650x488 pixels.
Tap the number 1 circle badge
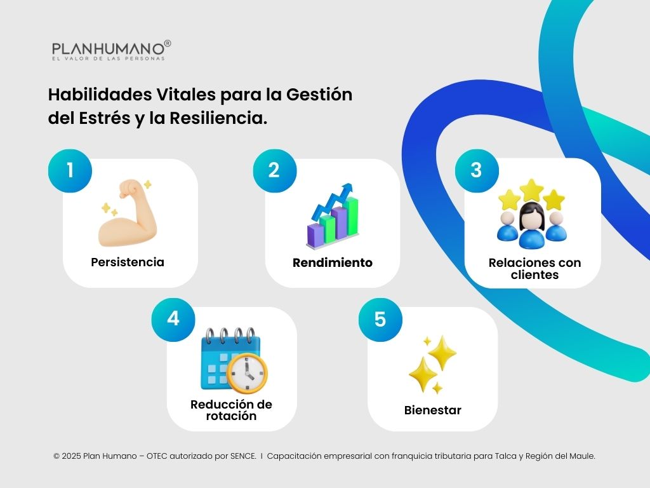70,170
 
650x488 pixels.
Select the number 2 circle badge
274,170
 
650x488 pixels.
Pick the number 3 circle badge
477,170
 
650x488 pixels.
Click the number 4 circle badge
173,319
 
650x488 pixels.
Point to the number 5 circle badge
380,319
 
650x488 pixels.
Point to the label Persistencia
128,262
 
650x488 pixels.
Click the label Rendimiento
333,262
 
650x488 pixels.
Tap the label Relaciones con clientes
534,269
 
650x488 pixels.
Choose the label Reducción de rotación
231,410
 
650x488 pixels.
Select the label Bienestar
433,410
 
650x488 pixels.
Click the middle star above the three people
531,190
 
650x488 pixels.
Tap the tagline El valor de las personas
109,58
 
